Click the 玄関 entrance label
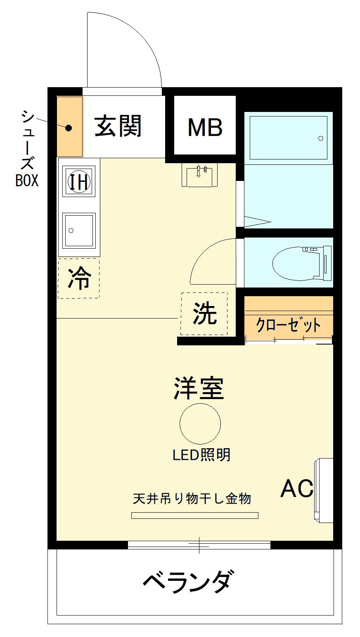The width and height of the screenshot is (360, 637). pos(118,126)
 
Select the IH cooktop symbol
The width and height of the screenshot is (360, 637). pos(79,181)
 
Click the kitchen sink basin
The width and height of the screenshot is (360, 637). pos(79,231)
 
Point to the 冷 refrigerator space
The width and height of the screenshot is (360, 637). pos(79,278)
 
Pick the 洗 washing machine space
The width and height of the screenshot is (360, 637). pos(204,314)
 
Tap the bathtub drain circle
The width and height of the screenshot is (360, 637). pos(321,138)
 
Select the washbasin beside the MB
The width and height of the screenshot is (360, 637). pos(199,175)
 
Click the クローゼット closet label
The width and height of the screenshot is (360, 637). pos(289,325)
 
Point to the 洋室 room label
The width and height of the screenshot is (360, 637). pos(199,388)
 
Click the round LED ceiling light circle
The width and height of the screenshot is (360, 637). pos(200,424)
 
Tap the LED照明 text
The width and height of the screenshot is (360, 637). pos(201,455)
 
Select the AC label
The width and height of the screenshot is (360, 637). pos(297,489)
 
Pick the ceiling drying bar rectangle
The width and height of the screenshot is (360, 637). pos(194,515)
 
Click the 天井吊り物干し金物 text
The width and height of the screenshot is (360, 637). pos(192,499)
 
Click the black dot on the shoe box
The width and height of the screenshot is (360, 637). pos(69,128)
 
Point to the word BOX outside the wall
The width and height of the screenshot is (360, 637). pos(27,180)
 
